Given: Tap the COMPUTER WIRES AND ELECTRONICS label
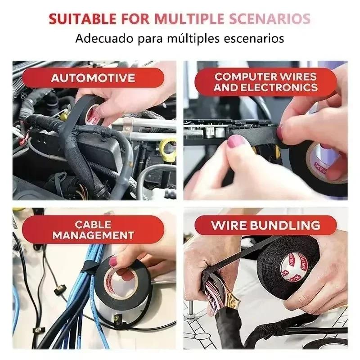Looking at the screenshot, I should pos(265,82).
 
